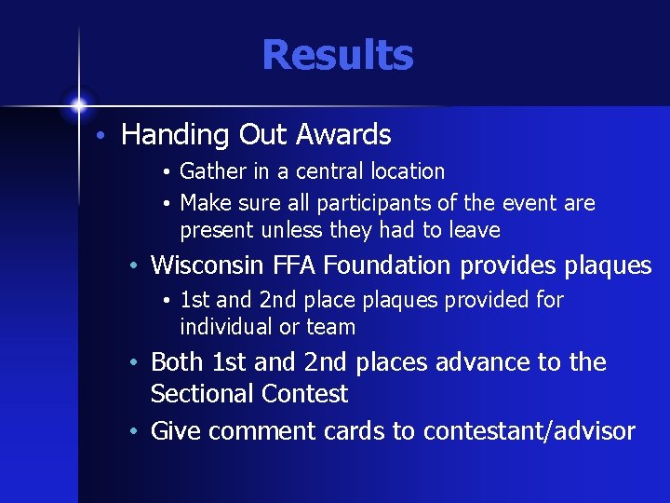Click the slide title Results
(x=337, y=55)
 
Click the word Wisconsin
(x=208, y=265)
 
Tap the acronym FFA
(x=297, y=265)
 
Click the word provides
(x=509, y=266)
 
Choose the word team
(x=333, y=328)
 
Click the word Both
(x=178, y=361)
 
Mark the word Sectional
(x=196, y=394)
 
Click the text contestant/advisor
(x=529, y=431)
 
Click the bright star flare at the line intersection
(x=79, y=105)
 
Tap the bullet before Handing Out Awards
(x=105, y=136)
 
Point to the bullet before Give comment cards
(x=135, y=431)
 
